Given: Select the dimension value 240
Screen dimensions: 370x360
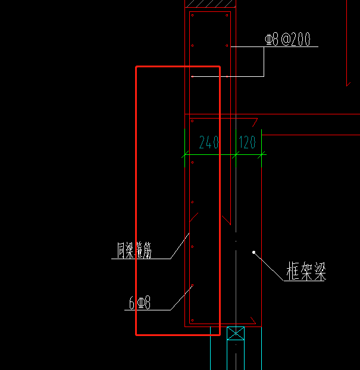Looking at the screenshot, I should click(209, 142).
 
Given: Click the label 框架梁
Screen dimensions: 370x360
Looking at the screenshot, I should click(306, 273).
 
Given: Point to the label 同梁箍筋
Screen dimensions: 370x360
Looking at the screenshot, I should click(134, 251).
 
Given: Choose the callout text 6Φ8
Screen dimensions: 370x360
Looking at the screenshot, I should click(139, 303).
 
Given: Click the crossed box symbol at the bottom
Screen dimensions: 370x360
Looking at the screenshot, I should click(236, 333).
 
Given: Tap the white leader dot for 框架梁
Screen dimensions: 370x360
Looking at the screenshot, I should click(254, 252).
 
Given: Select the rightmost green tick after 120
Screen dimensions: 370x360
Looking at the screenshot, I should click(262, 156).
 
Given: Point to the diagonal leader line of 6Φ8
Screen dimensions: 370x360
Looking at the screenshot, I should click(181, 298).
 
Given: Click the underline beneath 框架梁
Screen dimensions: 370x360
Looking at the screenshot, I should click(305, 281).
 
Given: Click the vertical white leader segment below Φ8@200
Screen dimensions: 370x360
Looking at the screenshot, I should click(264, 61).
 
